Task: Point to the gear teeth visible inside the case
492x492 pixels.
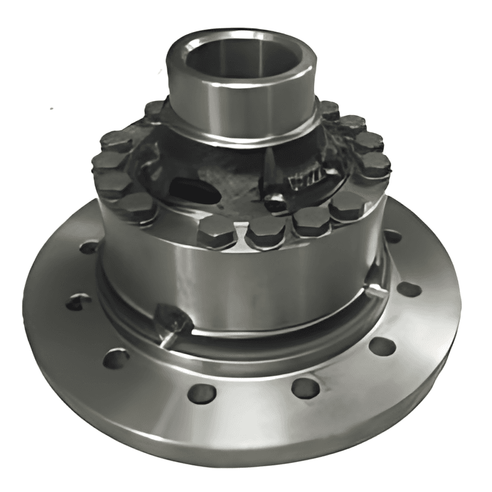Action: [306, 180]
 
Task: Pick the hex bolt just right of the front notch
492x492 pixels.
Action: [266, 232]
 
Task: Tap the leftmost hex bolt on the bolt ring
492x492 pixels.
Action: [108, 165]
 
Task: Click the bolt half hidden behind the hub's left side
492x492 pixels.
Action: [154, 111]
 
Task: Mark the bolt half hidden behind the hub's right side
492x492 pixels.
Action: [330, 110]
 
